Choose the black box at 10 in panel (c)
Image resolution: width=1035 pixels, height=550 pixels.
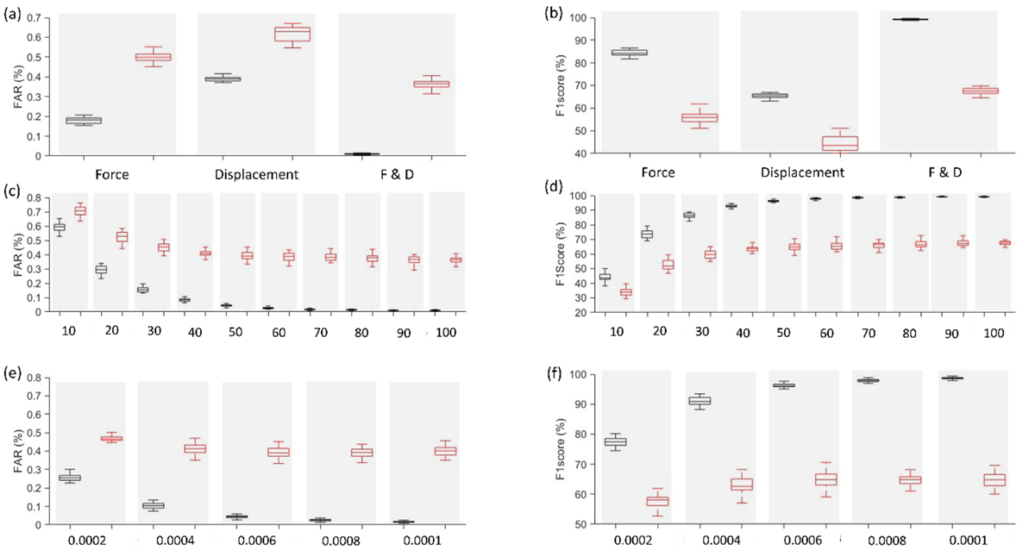click(59, 228)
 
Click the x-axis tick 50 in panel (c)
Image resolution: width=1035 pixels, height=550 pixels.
click(226, 331)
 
